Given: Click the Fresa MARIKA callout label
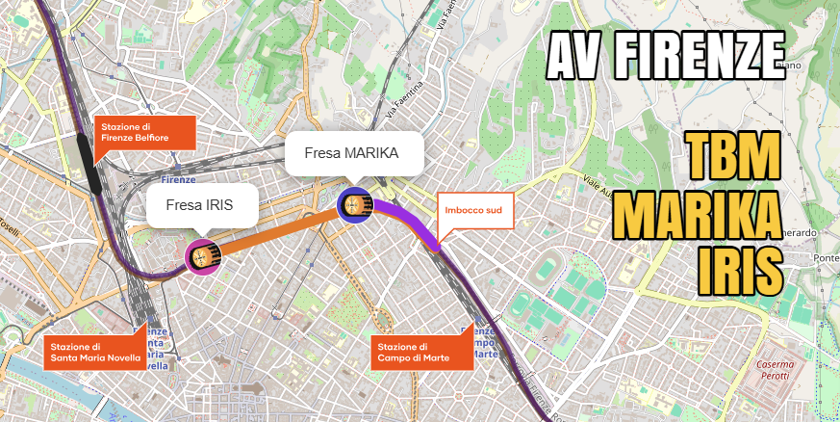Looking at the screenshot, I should (x=354, y=153).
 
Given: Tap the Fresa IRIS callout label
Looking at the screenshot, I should (x=199, y=204).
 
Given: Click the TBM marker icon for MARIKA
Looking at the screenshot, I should (x=355, y=204).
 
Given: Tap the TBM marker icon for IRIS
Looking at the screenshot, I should (x=203, y=256).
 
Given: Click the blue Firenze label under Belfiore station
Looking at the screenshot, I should (x=179, y=180).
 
